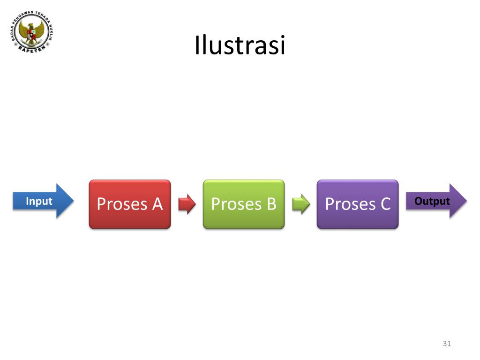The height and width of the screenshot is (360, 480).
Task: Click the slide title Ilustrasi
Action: tap(240, 45)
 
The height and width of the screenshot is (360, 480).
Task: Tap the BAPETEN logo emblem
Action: tap(32, 32)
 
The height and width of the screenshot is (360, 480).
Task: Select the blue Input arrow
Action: tap(43, 201)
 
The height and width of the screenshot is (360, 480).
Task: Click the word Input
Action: tap(39, 201)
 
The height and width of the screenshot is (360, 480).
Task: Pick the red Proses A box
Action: tap(130, 204)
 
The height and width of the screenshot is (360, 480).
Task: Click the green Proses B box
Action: tap(244, 204)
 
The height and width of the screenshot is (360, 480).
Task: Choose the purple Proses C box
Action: tap(358, 204)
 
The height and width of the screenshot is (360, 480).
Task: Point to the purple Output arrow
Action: tap(436, 201)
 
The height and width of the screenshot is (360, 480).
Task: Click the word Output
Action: tap(432, 201)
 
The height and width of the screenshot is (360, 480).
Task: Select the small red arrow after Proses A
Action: tap(187, 204)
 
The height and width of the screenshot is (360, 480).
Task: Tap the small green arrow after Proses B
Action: tap(301, 204)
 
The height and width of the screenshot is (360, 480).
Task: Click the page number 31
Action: tap(447, 344)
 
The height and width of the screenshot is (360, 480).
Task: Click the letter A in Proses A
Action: tap(157, 204)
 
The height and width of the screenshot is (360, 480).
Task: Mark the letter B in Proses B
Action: tap(271, 204)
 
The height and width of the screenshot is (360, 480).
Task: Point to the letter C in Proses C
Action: tap(385, 204)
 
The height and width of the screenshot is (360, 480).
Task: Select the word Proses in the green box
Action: tap(236, 204)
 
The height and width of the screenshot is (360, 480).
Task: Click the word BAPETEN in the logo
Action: tap(32, 49)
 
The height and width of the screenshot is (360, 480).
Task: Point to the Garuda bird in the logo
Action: tap(31, 33)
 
